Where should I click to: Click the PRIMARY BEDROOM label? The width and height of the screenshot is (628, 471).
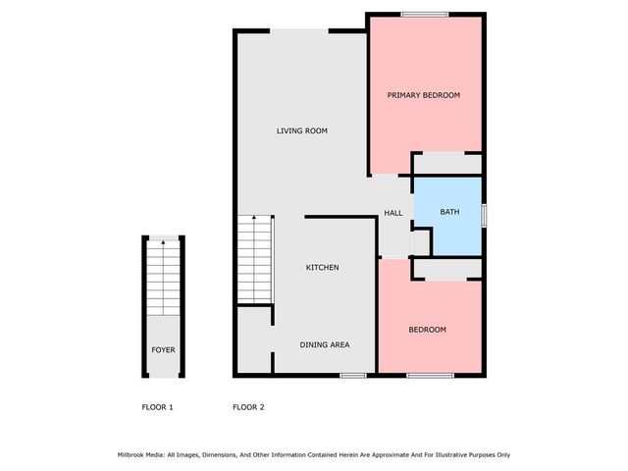click(423, 95)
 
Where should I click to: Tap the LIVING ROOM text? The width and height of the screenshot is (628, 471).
click(301, 131)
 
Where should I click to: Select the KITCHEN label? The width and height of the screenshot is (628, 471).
click(323, 267)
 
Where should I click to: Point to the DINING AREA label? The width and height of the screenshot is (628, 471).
click(324, 344)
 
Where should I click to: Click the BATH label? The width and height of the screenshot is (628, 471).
click(449, 212)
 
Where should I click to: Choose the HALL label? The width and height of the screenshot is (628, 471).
click(393, 213)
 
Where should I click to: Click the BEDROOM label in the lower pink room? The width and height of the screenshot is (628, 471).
click(427, 330)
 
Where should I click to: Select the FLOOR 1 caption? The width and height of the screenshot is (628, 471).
click(157, 407)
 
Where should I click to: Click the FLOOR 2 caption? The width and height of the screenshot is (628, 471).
click(247, 407)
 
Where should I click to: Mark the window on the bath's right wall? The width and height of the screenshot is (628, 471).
click(485, 213)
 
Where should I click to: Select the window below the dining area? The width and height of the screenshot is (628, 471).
click(353, 376)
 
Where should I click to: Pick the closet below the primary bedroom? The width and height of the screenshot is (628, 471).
click(446, 164)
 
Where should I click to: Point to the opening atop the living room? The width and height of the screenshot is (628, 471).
click(299, 30)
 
